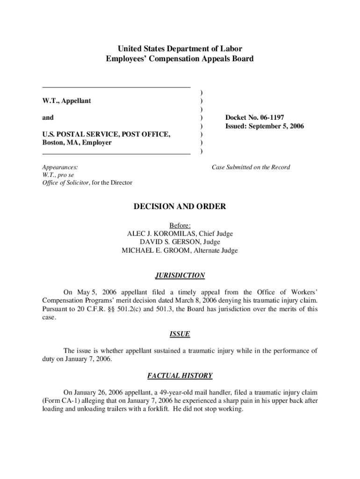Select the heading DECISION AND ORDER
click(180, 206)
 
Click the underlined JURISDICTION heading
click(180, 275)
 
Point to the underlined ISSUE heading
click(180, 334)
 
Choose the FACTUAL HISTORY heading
click(180, 375)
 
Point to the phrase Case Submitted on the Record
click(251, 167)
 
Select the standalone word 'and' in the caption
click(48, 117)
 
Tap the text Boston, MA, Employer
click(77, 143)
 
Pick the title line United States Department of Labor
click(180, 49)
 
